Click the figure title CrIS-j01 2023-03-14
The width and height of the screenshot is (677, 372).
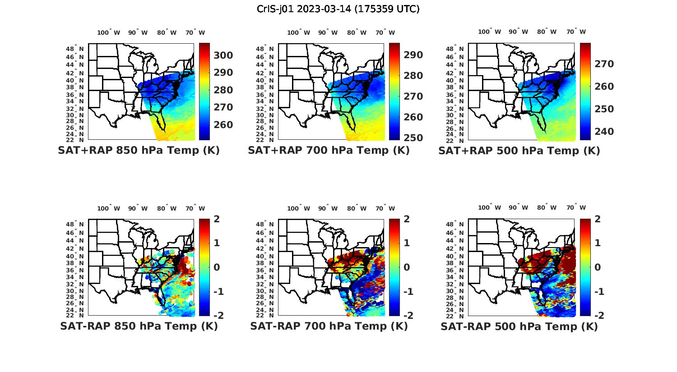point(338,9)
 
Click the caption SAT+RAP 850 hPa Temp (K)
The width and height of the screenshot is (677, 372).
point(139,151)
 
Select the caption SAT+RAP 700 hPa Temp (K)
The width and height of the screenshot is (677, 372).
point(329,151)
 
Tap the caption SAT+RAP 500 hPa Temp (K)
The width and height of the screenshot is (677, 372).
point(519,151)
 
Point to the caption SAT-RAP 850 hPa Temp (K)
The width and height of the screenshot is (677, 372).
point(139,326)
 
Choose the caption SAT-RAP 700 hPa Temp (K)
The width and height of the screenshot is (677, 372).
point(329,326)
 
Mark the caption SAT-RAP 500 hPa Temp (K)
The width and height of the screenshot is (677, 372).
point(519,327)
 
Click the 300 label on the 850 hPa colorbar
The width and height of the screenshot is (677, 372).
point(223,55)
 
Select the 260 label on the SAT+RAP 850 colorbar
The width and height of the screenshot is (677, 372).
point(223,125)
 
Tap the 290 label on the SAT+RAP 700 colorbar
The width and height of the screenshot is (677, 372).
point(413,55)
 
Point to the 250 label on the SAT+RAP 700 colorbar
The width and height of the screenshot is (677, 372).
point(413,138)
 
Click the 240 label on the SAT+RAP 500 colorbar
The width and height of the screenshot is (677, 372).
point(604,132)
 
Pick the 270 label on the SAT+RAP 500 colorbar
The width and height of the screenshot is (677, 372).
point(604,64)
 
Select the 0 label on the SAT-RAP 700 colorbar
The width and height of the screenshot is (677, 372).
point(407,267)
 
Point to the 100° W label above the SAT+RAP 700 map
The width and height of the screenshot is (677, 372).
point(298,32)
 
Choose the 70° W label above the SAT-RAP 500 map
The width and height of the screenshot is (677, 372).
point(576,208)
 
